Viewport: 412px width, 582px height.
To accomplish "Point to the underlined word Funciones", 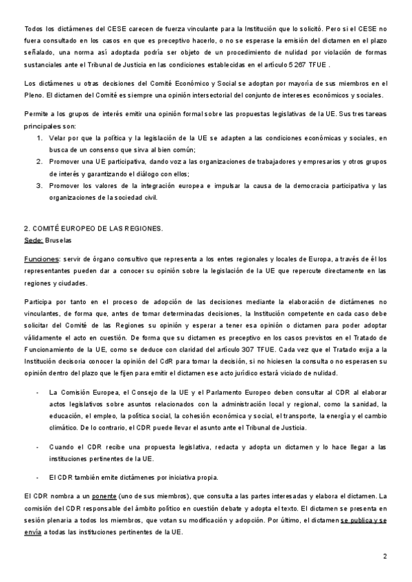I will click(x=41, y=258).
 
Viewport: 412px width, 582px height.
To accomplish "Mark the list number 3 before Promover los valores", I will click(x=39, y=185).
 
